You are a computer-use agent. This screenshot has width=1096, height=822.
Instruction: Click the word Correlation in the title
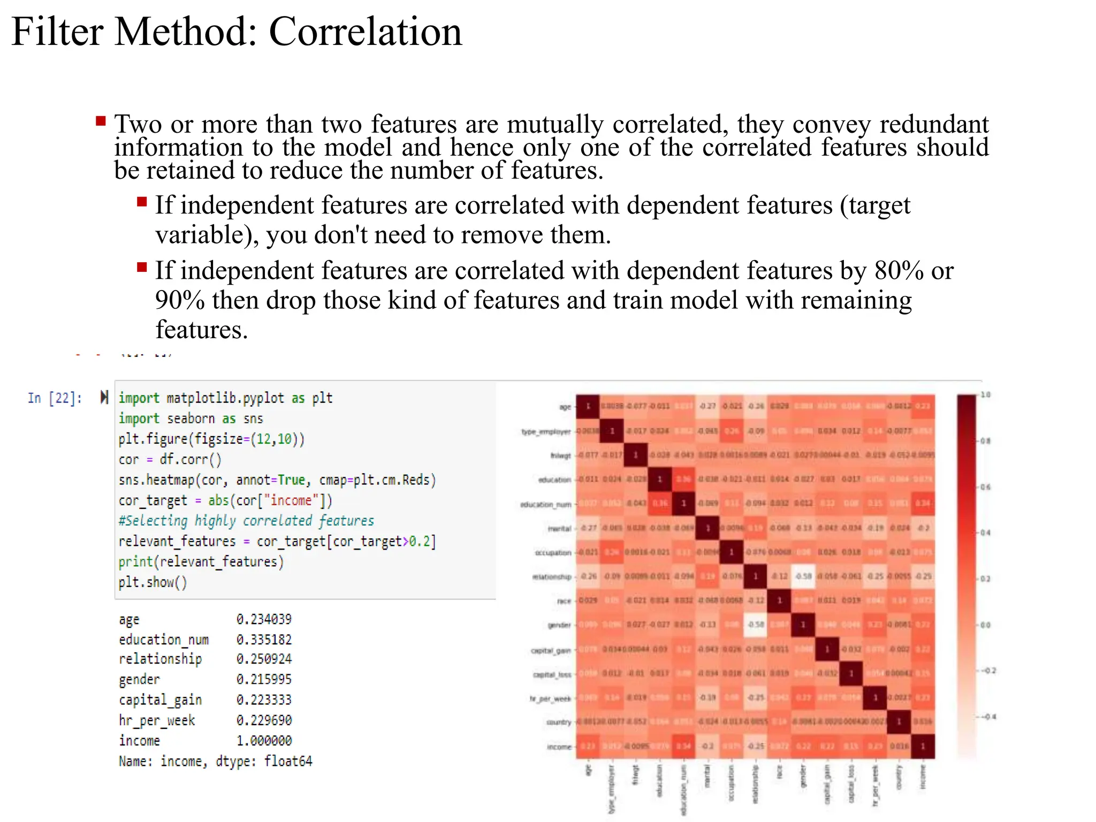pyautogui.click(x=365, y=32)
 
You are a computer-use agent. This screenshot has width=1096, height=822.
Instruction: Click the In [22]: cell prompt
pyautogui.click(x=55, y=398)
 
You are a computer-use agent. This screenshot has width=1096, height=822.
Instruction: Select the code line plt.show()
pyautogui.click(x=153, y=582)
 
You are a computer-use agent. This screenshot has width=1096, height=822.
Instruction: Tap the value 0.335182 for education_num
pyautogui.click(x=264, y=640)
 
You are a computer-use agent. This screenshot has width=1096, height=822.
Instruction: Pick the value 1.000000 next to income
pyautogui.click(x=264, y=741)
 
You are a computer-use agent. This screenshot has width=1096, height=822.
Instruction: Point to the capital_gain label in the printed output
pyautogui.click(x=160, y=700)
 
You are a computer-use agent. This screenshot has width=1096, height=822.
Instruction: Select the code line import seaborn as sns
pyautogui.click(x=191, y=418)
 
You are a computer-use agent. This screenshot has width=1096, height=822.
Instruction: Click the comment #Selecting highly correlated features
pyautogui.click(x=246, y=521)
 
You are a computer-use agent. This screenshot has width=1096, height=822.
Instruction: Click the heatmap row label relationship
pyautogui.click(x=552, y=577)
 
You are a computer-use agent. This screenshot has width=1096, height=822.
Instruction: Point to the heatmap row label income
pyautogui.click(x=559, y=747)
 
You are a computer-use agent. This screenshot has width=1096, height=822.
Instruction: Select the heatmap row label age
pyautogui.click(x=565, y=407)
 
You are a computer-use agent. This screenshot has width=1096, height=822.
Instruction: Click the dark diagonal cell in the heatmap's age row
pyautogui.click(x=588, y=406)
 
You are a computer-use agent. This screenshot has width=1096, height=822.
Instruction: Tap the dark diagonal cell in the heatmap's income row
pyautogui.click(x=923, y=747)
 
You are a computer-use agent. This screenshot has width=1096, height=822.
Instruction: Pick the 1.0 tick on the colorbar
pyautogui.click(x=986, y=395)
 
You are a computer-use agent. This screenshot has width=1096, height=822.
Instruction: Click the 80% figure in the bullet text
pyautogui.click(x=899, y=271)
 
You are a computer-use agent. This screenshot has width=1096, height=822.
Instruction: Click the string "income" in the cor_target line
pyautogui.click(x=291, y=500)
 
